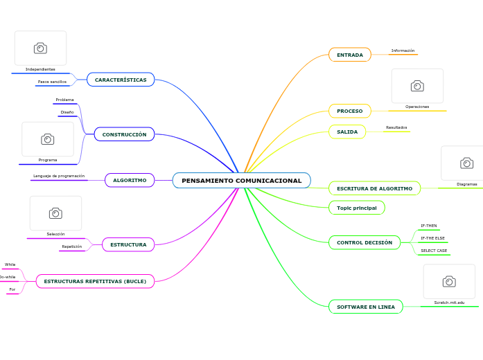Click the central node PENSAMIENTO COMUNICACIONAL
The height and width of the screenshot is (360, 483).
click(241, 181)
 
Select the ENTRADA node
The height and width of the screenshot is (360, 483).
click(349, 55)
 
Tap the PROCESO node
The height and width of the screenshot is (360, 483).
click(349, 111)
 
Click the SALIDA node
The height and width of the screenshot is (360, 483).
click(347, 132)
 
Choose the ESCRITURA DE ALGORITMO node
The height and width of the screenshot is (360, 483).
click(374, 188)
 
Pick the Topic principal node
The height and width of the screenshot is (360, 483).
click(356, 208)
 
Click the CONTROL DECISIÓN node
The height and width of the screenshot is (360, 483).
click(364, 242)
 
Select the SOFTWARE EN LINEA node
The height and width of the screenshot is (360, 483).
click(365, 307)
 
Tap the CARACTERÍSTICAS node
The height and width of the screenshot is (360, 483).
click(121, 80)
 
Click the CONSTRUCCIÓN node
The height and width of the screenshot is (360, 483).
click(124, 134)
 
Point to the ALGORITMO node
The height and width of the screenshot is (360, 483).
click(130, 180)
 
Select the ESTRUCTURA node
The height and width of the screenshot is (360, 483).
click(128, 244)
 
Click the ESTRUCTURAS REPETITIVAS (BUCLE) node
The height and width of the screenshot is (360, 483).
click(95, 281)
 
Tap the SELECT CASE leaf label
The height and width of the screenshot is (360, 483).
click(434, 251)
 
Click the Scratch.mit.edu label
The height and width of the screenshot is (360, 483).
click(449, 303)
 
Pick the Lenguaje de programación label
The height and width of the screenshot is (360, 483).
click(58, 176)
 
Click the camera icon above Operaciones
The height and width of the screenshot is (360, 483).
click(417, 86)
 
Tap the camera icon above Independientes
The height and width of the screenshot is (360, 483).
click(40, 48)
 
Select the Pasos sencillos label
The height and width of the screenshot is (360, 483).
click(52, 82)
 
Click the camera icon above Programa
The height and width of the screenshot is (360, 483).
click(47, 139)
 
